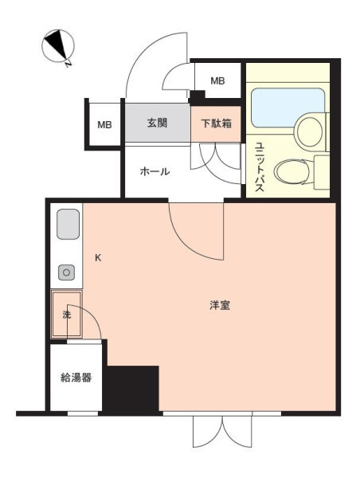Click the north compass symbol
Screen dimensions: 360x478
coord(57,46)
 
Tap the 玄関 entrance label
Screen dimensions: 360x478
coord(157,123)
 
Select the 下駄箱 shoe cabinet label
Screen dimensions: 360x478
coord(216,123)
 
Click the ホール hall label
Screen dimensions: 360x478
coord(155,171)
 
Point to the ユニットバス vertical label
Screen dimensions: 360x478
coord(260,167)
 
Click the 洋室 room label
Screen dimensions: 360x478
coord(220,305)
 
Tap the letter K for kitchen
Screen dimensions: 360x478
coord(98,258)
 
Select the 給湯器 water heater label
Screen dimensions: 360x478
coord(76,378)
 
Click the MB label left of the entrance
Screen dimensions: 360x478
coord(104,125)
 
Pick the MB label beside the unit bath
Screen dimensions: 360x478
coord(217,80)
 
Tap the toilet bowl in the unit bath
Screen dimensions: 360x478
coord(292,172)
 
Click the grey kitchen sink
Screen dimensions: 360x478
coord(68,224)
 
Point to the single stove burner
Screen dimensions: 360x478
coord(67,272)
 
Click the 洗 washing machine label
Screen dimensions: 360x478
coord(67,315)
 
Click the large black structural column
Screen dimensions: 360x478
coord(131,390)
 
